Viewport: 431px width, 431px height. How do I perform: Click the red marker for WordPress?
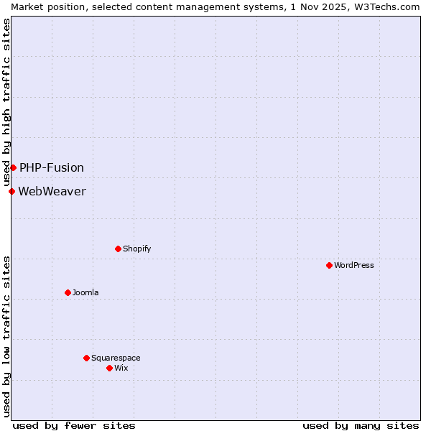point(329,265)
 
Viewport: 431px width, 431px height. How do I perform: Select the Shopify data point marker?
point(118,249)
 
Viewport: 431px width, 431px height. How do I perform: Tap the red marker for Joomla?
point(68,292)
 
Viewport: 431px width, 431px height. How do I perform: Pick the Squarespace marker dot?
point(86,358)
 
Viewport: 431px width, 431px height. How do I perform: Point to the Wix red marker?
point(109,368)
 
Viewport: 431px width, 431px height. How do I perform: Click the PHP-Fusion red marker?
point(13,167)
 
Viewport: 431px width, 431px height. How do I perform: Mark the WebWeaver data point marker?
point(11,191)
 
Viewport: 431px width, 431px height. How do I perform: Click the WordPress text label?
point(354,265)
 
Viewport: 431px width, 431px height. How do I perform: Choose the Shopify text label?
point(136,249)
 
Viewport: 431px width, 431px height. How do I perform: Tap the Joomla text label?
point(85,292)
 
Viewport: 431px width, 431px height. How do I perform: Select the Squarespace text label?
point(116,358)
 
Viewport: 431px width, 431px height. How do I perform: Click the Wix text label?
point(121,368)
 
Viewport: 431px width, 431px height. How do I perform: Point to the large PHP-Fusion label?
point(52,167)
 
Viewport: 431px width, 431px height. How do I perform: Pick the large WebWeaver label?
point(52,191)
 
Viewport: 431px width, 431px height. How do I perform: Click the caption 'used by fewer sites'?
point(74,425)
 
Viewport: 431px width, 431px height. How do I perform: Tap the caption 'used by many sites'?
point(361,425)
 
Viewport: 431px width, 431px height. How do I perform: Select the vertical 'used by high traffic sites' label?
point(6,102)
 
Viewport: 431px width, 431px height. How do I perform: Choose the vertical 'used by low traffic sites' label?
point(6,336)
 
